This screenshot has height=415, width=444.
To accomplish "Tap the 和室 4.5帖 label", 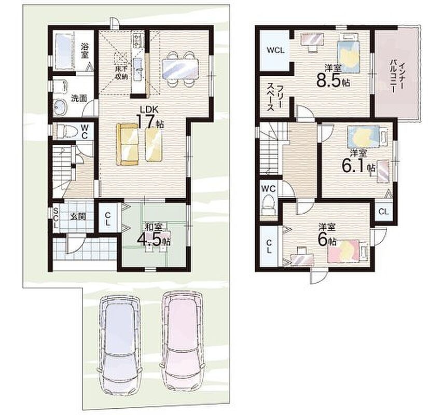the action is [x=154, y=235].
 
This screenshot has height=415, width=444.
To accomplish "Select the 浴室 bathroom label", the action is [x=84, y=50].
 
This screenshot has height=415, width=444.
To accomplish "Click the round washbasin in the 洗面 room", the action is [x=60, y=107].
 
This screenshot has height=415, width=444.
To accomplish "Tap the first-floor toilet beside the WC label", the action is [x=66, y=131].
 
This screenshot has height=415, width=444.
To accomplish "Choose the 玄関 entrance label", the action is [x=78, y=217].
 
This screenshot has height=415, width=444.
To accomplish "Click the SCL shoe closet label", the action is [x=56, y=218].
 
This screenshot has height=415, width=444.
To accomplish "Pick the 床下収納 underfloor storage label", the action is [x=121, y=73].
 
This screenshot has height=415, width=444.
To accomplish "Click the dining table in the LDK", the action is [x=180, y=68].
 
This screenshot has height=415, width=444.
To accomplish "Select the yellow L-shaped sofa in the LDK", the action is [x=127, y=144].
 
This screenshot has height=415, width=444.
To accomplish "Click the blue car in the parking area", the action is [x=119, y=344].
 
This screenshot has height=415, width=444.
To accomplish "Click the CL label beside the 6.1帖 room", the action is [x=383, y=211].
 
